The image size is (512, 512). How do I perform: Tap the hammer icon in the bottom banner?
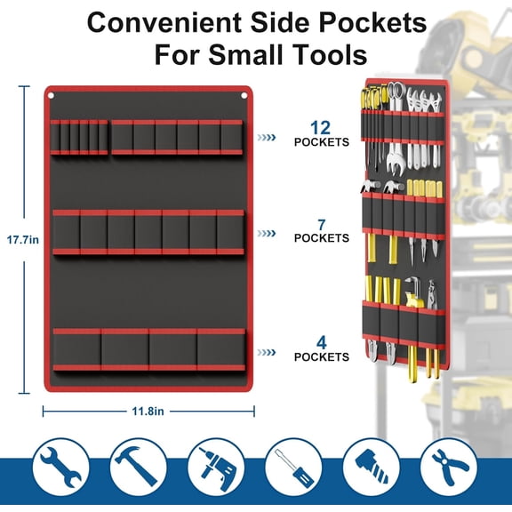(x=138, y=467)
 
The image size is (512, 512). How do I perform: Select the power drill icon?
(x=217, y=468)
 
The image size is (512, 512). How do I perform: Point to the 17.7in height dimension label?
(x=23, y=240)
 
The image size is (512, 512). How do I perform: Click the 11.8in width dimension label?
(x=148, y=411)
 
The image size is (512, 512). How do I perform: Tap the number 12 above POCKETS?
(x=320, y=128)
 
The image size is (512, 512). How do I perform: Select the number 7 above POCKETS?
(x=322, y=225)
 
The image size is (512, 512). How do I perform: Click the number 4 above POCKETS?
(x=322, y=343)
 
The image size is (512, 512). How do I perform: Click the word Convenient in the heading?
(x=165, y=23)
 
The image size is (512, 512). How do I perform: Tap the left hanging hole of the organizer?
(x=52, y=96)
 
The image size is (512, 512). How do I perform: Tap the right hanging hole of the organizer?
(x=244, y=95)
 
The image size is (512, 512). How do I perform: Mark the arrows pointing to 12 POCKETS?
(x=267, y=138)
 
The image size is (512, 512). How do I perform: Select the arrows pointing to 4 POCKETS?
(x=267, y=352)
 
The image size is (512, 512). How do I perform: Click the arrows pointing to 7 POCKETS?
(x=267, y=234)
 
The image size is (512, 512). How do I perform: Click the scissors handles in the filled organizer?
(x=396, y=91)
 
